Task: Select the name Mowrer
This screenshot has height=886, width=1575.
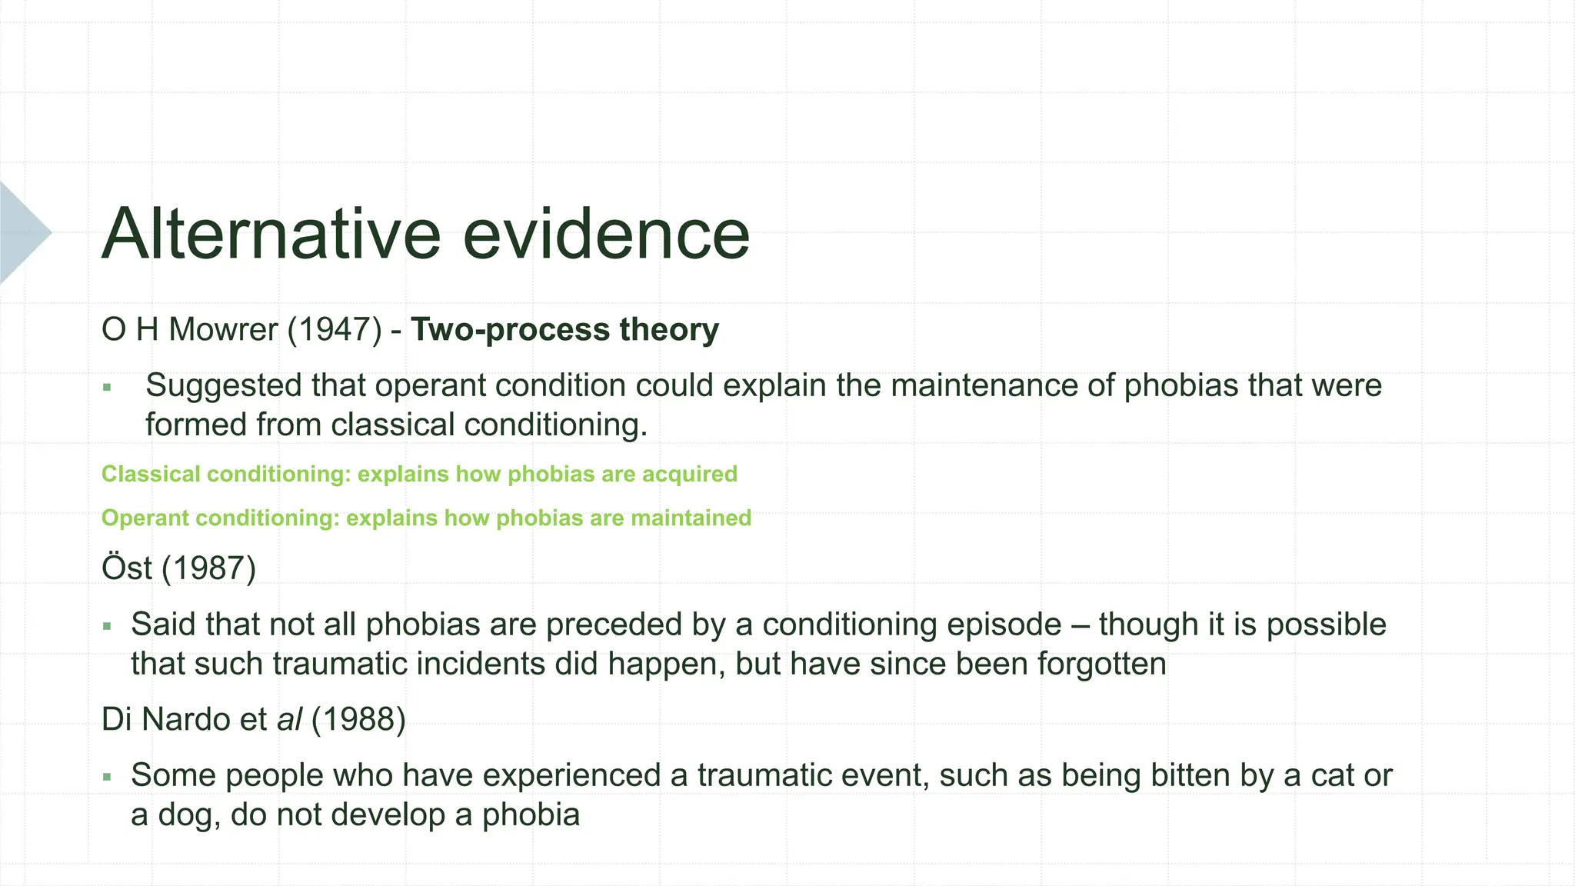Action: click(x=223, y=329)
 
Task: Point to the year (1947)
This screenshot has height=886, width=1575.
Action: click(x=335, y=329)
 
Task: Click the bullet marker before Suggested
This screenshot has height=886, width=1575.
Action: click(x=107, y=388)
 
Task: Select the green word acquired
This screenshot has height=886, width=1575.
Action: click(x=689, y=474)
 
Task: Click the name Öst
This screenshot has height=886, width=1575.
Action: click(x=127, y=568)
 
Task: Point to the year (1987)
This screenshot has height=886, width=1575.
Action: click(x=208, y=568)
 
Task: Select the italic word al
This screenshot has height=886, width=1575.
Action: click(x=289, y=719)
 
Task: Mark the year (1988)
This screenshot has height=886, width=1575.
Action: click(x=358, y=719)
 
